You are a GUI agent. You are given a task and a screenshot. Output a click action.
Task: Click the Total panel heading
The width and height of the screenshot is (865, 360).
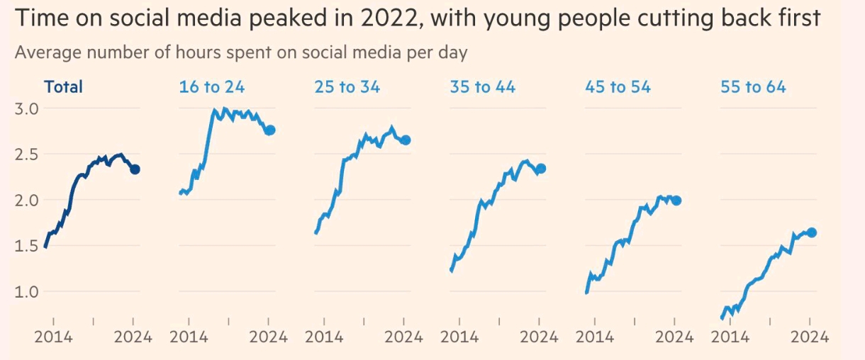tap(63, 87)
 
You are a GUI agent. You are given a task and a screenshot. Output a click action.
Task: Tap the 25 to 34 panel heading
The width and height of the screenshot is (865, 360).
tap(347, 87)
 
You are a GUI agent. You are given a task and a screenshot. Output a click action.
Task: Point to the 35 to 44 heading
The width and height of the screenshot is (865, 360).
tap(482, 87)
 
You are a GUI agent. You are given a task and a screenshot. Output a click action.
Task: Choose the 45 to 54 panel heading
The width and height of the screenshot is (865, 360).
tap(618, 87)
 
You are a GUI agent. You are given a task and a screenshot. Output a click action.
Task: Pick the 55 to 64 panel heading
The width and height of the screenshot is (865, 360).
tap(753, 87)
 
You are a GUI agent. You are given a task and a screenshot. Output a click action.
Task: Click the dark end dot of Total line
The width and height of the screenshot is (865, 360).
tap(135, 169)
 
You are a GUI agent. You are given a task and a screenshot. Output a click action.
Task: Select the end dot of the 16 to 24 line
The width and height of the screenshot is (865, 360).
tap(269, 130)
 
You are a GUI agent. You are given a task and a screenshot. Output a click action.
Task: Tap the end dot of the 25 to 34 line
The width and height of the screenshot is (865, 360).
tap(405, 140)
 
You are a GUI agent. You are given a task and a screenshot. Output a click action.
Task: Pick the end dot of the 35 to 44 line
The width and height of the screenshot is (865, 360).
tap(541, 169)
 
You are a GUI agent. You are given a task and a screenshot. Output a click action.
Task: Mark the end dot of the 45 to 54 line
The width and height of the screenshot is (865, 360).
tap(676, 201)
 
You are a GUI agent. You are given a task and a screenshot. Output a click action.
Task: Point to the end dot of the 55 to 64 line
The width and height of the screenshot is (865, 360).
tap(812, 232)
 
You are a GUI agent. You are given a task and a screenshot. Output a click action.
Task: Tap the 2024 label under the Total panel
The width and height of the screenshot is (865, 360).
tap(133, 337)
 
